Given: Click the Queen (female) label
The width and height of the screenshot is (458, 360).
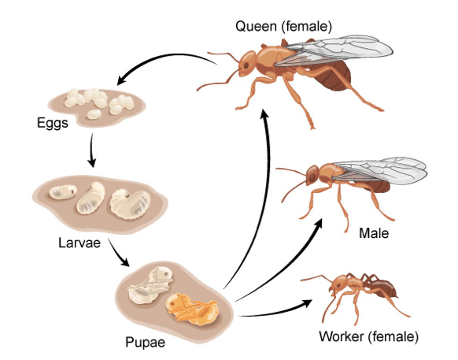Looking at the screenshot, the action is (x=283, y=27).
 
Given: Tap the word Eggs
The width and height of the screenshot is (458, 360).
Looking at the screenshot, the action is (x=53, y=123).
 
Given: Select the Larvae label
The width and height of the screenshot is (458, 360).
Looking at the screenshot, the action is (x=79, y=243).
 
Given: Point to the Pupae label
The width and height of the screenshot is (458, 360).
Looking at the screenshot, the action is (x=145, y=342).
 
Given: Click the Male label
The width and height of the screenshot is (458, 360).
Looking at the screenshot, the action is (x=374, y=233).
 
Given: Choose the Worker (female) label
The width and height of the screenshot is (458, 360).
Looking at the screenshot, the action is (x=368, y=336).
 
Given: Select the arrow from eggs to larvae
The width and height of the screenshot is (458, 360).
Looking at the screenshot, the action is (x=92, y=150).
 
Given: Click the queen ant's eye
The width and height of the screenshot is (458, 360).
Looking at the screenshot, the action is (x=246, y=65).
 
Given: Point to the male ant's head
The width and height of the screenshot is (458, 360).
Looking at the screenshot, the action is (x=312, y=175).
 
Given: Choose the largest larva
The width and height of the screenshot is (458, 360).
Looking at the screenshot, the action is (x=131, y=203).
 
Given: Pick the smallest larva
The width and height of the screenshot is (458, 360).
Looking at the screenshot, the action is (x=63, y=192).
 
